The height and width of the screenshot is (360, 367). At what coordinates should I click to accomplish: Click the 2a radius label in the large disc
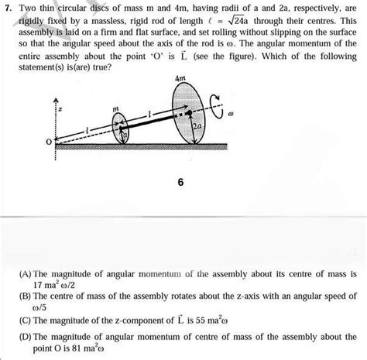(x=197, y=124)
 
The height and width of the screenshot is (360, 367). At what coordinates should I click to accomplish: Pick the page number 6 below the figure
(x=180, y=184)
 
